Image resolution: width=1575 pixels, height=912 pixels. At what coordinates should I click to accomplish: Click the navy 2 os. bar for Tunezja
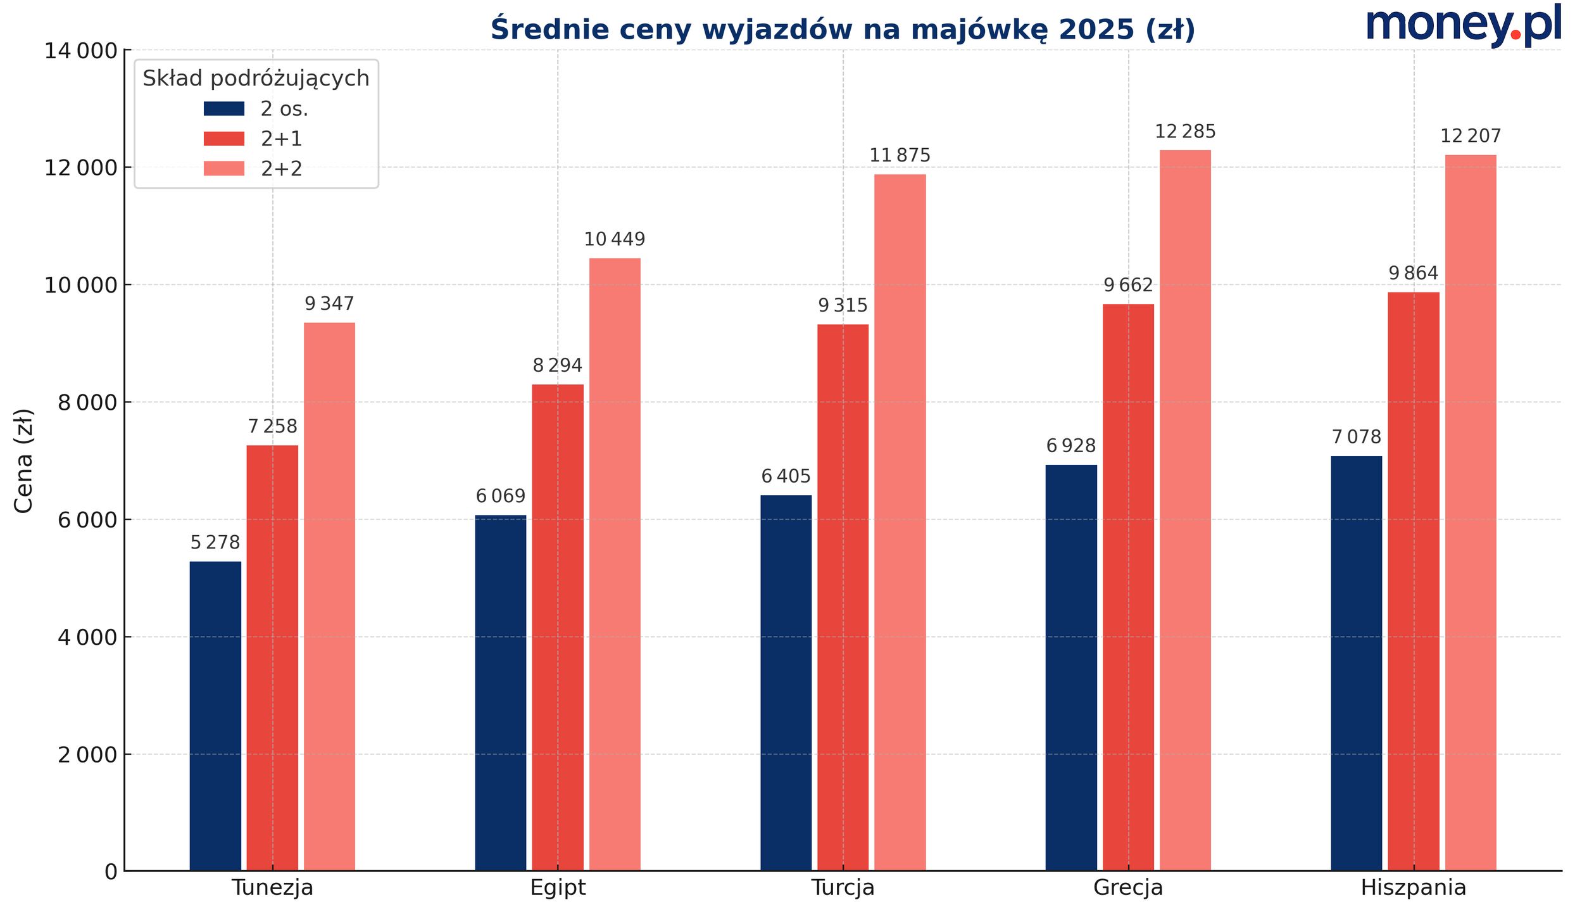215,716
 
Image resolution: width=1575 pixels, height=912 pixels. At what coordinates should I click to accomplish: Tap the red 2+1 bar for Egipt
557,627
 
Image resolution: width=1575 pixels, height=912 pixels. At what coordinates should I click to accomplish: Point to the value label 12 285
1185,132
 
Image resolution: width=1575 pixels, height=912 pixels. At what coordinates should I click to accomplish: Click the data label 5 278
215,543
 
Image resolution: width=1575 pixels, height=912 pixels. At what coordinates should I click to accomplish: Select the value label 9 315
843,306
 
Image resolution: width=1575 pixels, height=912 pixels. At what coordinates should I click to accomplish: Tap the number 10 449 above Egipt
614,239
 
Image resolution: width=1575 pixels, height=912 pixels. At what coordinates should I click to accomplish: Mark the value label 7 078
1356,437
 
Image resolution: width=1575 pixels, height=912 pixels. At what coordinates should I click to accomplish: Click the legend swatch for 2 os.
223,109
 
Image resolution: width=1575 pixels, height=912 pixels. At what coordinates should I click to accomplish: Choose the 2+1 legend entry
281,139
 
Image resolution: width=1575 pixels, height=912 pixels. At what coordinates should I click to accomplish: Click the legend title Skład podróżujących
256,79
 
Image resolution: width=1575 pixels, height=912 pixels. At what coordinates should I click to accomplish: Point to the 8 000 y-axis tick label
87,403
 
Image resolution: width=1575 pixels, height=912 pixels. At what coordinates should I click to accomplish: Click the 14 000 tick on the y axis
80,51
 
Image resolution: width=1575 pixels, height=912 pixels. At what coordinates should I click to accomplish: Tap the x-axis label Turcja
843,888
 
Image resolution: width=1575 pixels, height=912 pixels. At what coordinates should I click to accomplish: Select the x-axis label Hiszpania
1413,888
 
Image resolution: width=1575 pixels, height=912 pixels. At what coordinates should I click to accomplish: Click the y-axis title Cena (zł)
23,460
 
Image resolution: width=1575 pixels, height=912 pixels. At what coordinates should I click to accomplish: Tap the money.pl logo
1463,25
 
